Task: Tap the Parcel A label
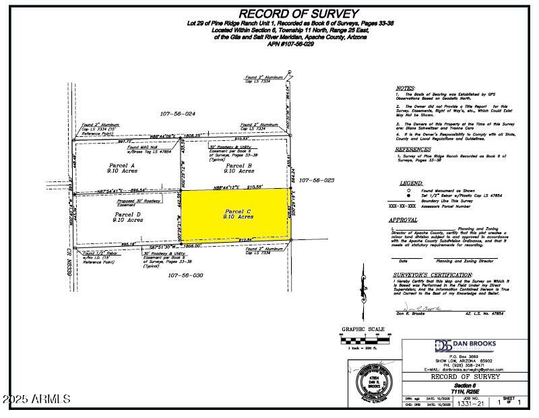point(123,165)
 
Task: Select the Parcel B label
point(239,165)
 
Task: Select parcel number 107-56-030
point(181,275)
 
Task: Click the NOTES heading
point(405,88)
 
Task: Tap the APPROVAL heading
point(408,220)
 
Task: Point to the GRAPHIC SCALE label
point(363,330)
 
